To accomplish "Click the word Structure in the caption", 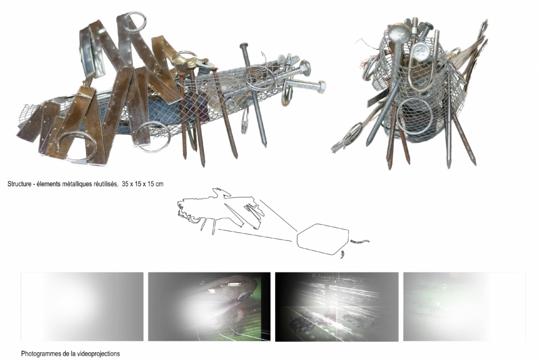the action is click(x=19, y=184).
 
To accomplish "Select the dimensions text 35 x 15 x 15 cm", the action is click(x=143, y=184).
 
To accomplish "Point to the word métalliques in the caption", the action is click(x=77, y=184).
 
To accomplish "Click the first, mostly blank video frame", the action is click(x=82, y=307).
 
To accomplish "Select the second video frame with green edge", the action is click(x=209, y=307).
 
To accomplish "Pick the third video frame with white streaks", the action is click(x=337, y=307).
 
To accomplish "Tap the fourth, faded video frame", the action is click(x=464, y=307).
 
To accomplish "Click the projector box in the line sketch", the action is click(x=323, y=239).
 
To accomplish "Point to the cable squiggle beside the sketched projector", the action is click(x=360, y=242).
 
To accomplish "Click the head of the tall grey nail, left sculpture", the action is click(x=244, y=46).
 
